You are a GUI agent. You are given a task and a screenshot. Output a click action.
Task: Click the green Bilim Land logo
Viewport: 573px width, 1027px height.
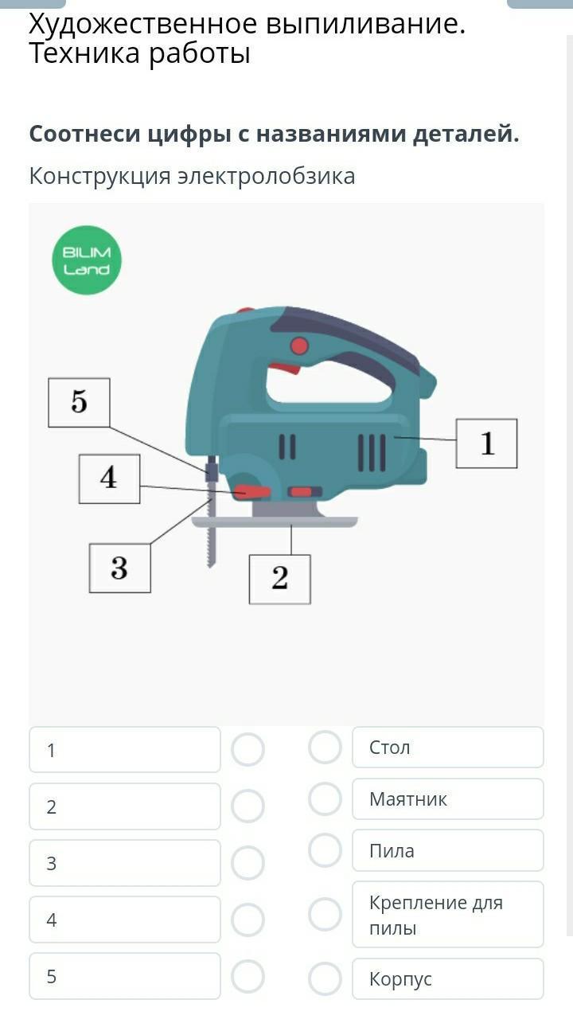(x=87, y=260)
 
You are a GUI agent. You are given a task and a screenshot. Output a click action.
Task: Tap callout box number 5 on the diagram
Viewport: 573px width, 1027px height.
(x=79, y=403)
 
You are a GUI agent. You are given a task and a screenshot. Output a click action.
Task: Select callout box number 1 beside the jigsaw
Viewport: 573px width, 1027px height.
(x=486, y=443)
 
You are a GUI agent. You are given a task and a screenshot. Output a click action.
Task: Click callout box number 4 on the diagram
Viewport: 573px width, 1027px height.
(x=109, y=478)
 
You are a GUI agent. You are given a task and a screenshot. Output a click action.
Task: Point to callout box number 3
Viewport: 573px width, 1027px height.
(x=119, y=568)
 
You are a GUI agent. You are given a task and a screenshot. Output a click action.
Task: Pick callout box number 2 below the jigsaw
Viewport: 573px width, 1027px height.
(x=279, y=579)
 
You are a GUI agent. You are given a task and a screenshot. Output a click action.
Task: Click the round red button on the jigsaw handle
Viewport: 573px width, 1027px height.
(x=299, y=346)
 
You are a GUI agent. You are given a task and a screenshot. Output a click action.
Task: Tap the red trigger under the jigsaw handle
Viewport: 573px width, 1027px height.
(x=284, y=368)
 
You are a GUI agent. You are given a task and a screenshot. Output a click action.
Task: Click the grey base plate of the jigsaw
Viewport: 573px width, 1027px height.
(x=275, y=521)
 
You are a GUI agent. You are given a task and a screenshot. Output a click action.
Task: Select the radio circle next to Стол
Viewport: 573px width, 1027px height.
(x=325, y=748)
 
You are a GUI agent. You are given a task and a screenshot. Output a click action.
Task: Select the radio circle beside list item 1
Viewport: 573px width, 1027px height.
(x=248, y=750)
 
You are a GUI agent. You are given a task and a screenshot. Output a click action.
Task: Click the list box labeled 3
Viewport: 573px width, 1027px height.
(x=125, y=863)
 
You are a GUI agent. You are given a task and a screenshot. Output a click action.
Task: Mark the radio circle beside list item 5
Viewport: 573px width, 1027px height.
(x=248, y=976)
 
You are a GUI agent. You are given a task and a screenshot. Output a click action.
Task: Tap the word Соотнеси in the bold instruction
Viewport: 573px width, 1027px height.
(x=85, y=134)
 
